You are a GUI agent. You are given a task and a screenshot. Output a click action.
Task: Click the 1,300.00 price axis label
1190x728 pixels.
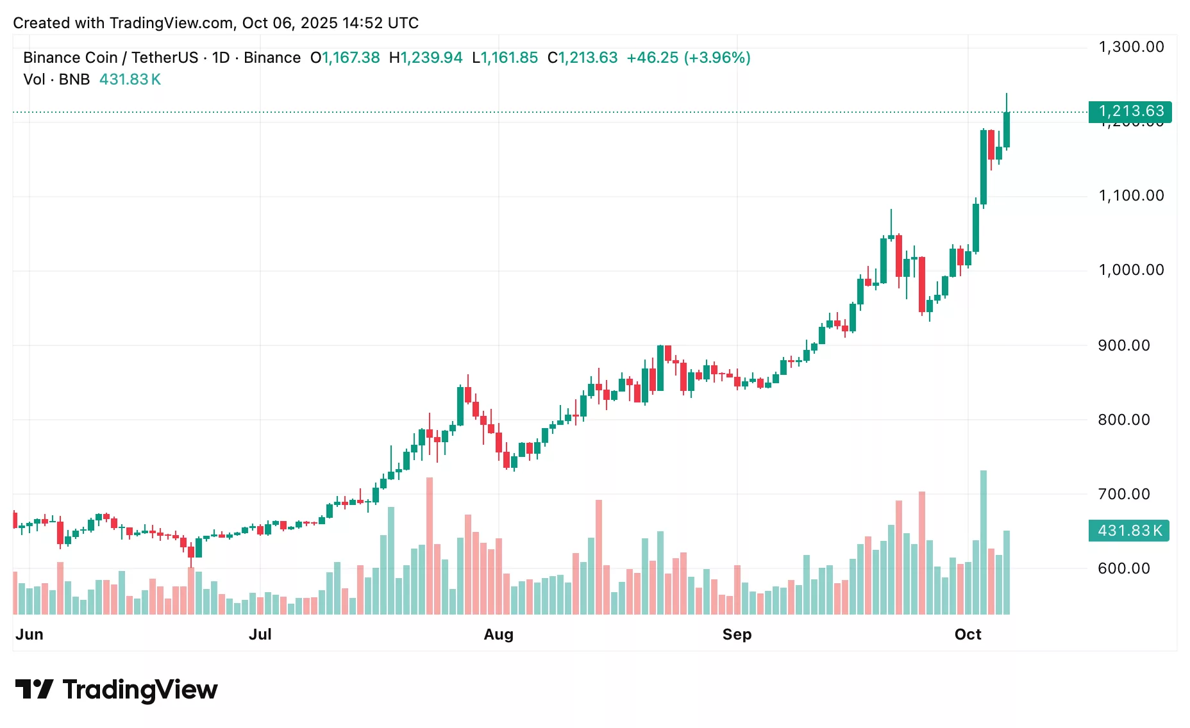pos(1131,47)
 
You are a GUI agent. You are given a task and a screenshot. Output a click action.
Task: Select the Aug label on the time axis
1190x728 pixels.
pos(498,634)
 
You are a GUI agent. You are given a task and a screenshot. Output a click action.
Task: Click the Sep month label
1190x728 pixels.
pos(737,634)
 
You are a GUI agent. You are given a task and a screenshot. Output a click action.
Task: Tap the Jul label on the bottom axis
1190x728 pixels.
pos(260,634)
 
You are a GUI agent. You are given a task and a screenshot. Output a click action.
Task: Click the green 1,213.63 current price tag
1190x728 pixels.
pos(1130,112)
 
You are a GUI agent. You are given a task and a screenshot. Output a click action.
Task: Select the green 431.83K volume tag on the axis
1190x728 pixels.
pos(1129,531)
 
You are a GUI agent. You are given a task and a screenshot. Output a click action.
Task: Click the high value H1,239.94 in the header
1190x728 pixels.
pos(426,58)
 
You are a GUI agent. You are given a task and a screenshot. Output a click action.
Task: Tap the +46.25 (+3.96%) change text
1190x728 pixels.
pos(688,58)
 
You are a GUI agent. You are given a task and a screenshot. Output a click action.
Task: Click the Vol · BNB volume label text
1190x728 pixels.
pos(56,79)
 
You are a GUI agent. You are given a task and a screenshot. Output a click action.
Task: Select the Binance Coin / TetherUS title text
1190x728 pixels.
pos(110,58)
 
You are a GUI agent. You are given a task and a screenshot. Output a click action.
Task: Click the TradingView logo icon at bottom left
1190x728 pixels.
pos(34,690)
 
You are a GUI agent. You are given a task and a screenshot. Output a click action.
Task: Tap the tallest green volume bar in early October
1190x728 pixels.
pos(984,542)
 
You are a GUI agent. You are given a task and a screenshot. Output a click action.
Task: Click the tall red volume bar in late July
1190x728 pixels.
pos(430,545)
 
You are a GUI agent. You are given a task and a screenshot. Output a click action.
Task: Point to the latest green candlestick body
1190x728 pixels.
pos(1007,130)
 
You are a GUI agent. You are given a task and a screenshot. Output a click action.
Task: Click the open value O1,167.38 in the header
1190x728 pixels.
pos(345,58)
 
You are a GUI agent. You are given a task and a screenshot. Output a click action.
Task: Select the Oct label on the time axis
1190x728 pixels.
pos(968,634)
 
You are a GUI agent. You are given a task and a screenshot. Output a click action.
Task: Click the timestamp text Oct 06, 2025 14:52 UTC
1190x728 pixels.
pos(330,23)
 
